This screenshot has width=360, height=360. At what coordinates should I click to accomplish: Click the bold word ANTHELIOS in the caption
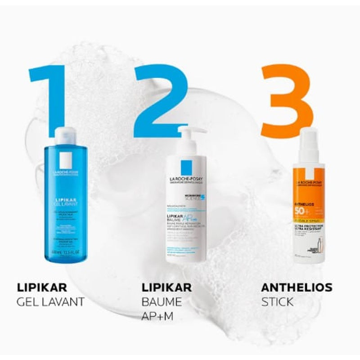tap(297, 287)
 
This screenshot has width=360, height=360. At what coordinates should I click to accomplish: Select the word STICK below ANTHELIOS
tap(277, 301)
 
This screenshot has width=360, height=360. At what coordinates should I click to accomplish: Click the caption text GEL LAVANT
tap(50, 301)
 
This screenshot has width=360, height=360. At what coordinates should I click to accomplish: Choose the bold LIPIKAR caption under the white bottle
tap(166, 287)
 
